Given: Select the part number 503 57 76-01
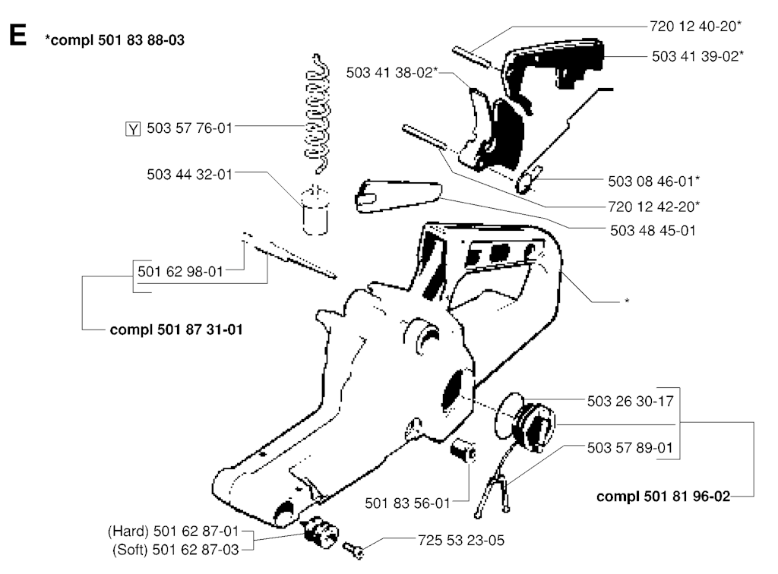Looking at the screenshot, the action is pos(189,128).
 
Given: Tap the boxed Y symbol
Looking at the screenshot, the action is pos(132,129).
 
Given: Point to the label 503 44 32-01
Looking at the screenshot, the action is pos(189,175).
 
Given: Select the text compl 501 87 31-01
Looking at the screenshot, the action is pos(176,330).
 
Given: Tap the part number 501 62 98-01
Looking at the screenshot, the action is pos(180,272).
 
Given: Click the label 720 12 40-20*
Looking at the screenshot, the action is pos(696,27).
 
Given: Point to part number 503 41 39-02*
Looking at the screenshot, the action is pos(697,56).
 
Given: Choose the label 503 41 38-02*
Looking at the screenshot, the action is pos(392,73).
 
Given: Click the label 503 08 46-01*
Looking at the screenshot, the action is pos(654,181).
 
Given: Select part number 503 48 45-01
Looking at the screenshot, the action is pos(653,231).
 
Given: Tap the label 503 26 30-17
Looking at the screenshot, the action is pos(630,401).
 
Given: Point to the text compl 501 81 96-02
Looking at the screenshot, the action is pos(663,497).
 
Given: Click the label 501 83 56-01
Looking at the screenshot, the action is pos(407,503).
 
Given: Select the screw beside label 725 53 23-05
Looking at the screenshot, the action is pos(353,550).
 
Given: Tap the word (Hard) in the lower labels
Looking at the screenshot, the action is pos(128,531).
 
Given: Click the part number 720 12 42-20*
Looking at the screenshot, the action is pos(654,207).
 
